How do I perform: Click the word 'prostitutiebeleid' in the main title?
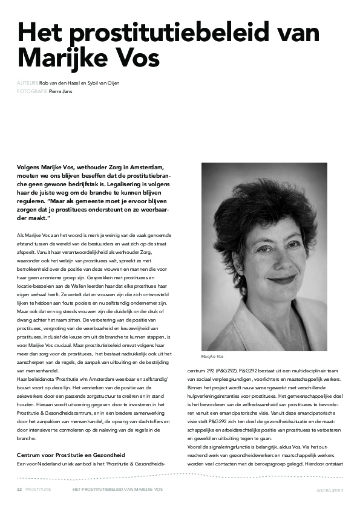coord(160,31)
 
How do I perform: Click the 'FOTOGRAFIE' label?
coord(32,92)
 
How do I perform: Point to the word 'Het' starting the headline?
coord(38,31)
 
